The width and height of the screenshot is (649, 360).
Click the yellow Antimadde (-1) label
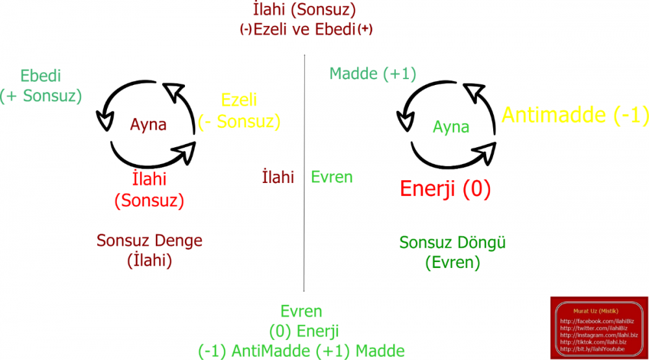coord(575,115)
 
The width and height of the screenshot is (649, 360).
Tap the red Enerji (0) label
coord(445,189)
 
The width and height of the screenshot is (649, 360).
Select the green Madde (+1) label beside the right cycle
coord(373,73)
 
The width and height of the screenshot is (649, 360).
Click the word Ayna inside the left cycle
coord(148,125)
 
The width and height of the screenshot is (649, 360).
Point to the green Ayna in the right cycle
coord(451,126)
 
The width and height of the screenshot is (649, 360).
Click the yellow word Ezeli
coord(239,100)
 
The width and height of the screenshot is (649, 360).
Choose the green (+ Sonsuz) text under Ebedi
coord(41,96)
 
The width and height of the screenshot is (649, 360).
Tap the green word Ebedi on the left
coord(40,75)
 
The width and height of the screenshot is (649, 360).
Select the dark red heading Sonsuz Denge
coord(149,241)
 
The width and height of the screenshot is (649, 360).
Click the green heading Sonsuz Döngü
coord(452,243)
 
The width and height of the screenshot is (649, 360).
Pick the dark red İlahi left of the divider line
coord(278,177)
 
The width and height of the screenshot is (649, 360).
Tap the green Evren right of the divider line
coord(332,177)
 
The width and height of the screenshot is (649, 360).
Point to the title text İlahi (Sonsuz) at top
coord(305,10)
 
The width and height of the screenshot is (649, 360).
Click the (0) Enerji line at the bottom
coord(301,331)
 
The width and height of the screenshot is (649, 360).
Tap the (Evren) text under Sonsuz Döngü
coord(452,263)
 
